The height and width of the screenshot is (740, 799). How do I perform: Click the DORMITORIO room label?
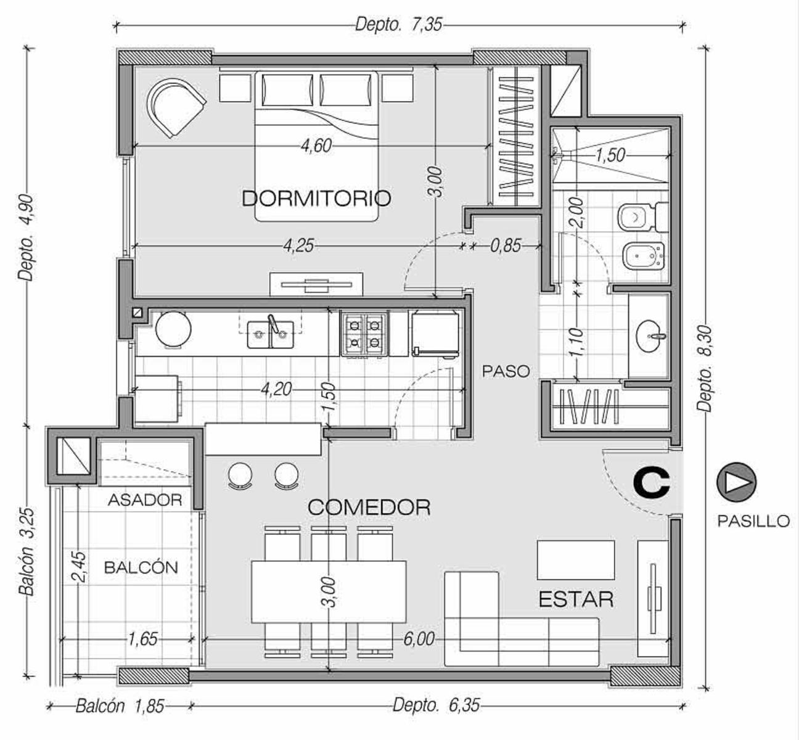pyautogui.click(x=316, y=198)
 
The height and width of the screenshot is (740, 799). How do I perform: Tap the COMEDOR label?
pyautogui.click(x=369, y=508)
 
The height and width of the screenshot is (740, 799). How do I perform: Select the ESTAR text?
pyautogui.click(x=576, y=599)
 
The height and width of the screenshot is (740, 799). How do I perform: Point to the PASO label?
pyautogui.click(x=506, y=371)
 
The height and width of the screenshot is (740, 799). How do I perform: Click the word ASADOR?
pyautogui.click(x=145, y=500)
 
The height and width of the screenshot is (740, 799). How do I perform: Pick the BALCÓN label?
pyautogui.click(x=141, y=567)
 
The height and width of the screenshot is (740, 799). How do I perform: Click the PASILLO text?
pyautogui.click(x=753, y=521)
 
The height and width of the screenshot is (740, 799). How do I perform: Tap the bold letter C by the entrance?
pyautogui.click(x=652, y=482)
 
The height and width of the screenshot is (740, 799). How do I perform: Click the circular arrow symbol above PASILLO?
pyautogui.click(x=736, y=482)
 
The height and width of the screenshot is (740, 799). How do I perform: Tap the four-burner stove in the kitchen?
pyautogui.click(x=364, y=334)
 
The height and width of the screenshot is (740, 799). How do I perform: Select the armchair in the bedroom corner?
pyautogui.click(x=176, y=107)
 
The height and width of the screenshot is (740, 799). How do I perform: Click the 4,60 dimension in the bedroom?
pyautogui.click(x=317, y=146)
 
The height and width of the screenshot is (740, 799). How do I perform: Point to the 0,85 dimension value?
pyautogui.click(x=506, y=245)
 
